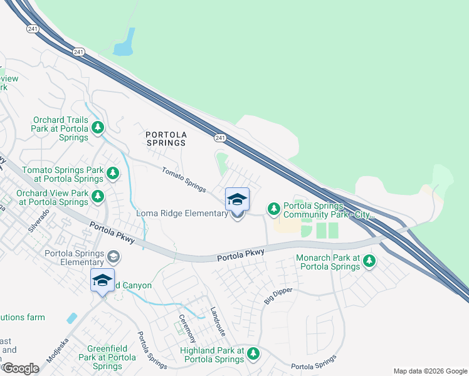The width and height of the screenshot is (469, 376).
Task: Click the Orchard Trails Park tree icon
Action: point(98,128)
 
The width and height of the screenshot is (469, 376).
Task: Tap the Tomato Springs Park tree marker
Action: point(112,172)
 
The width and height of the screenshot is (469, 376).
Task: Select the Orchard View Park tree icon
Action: point(98,197)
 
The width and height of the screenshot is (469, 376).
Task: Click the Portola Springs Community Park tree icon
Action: point(273,208)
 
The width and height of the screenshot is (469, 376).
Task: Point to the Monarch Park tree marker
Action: point(369,260)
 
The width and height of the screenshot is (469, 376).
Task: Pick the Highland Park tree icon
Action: point(253,353)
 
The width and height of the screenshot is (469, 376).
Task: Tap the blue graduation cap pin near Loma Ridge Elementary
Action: point(237,200)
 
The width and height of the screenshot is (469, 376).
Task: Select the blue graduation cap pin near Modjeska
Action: point(102,280)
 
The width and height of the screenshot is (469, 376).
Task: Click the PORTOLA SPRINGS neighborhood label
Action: point(166,138)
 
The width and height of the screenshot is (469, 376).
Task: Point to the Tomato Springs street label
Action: point(184,179)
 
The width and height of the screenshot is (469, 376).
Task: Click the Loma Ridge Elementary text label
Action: point(182,214)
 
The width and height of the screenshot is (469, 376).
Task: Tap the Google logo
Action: point(20,368)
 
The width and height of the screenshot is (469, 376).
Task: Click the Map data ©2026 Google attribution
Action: point(429,371)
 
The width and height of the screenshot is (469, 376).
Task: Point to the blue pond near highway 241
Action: point(125,43)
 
